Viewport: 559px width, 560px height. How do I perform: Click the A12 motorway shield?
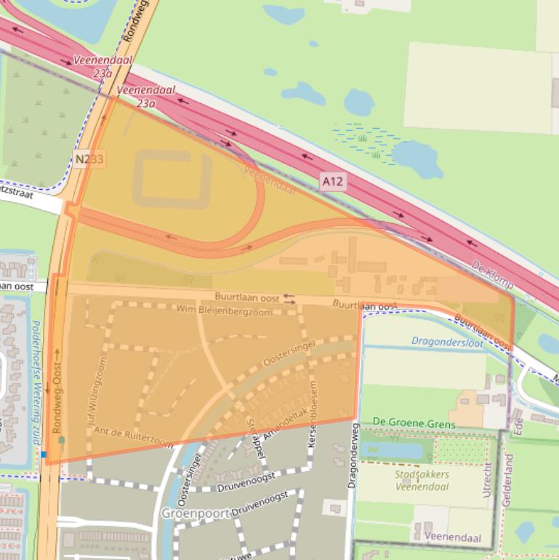point(333,180)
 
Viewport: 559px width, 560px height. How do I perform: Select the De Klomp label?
point(491,274)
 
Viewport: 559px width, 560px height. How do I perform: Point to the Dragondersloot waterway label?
point(447,340)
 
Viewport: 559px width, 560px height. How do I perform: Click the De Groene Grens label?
point(414,423)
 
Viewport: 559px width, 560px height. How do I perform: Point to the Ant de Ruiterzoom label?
point(133,436)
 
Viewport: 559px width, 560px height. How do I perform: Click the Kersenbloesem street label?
point(313,401)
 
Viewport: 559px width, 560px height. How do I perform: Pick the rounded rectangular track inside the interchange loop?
point(172,179)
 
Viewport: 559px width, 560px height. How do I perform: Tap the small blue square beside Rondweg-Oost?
point(44,455)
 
